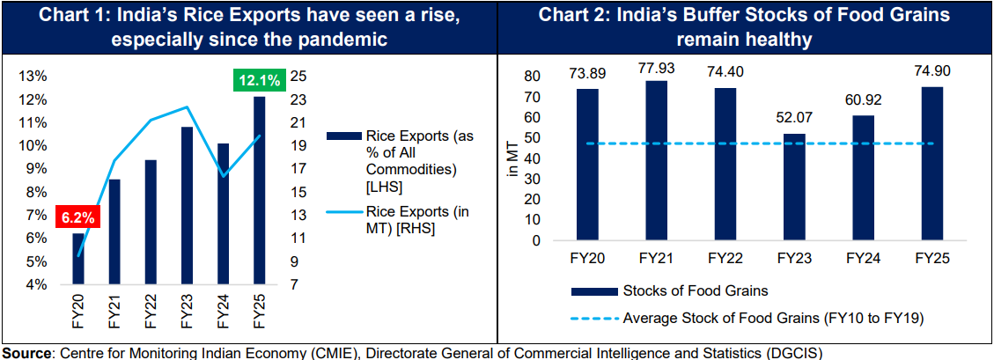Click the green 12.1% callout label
pyautogui.click(x=259, y=80)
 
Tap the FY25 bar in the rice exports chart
pyautogui.click(x=259, y=190)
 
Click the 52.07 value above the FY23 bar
pyautogui.click(x=794, y=117)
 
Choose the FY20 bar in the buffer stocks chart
pyautogui.click(x=587, y=164)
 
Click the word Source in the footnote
pyautogui.click(x=26, y=352)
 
